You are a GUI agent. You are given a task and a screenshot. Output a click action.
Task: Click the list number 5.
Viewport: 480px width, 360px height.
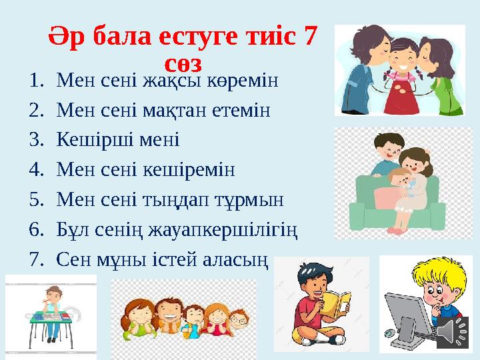click(x=35, y=199)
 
